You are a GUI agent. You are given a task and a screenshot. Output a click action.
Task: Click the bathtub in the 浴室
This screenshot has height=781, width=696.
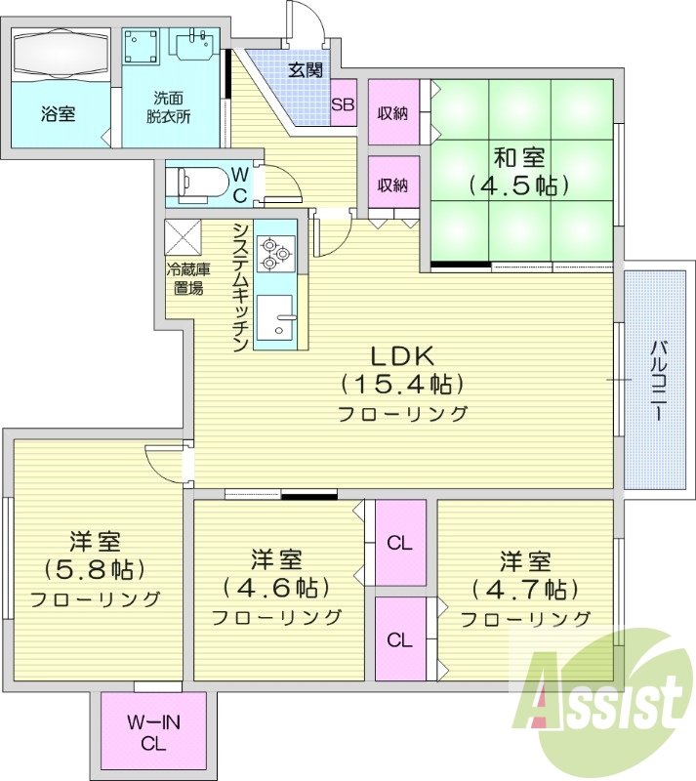[61, 54]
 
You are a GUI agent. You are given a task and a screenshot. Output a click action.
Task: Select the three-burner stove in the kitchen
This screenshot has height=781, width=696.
[275, 253]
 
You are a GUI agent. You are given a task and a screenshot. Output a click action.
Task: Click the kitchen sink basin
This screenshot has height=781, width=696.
[274, 317]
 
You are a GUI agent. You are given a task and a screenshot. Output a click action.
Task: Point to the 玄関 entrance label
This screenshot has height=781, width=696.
[306, 70]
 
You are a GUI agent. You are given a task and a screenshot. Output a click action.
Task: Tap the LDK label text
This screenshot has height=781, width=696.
[402, 355]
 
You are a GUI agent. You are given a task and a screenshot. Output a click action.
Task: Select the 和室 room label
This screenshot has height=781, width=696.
[519, 158]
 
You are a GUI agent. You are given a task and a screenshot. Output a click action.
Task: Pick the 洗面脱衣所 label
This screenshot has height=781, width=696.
[169, 106]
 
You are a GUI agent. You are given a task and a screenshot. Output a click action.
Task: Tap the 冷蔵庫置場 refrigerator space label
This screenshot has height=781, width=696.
[188, 278]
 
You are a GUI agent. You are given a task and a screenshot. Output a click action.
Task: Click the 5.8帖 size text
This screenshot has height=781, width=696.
[95, 569]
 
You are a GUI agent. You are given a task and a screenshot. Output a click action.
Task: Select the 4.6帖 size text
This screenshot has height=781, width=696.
[276, 588]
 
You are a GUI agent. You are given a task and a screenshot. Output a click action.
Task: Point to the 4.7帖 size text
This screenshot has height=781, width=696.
[525, 590]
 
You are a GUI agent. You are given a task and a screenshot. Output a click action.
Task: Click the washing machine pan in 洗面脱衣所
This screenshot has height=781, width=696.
[141, 46]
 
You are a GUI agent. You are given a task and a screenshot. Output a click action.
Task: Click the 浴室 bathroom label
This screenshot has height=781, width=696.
[58, 114]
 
